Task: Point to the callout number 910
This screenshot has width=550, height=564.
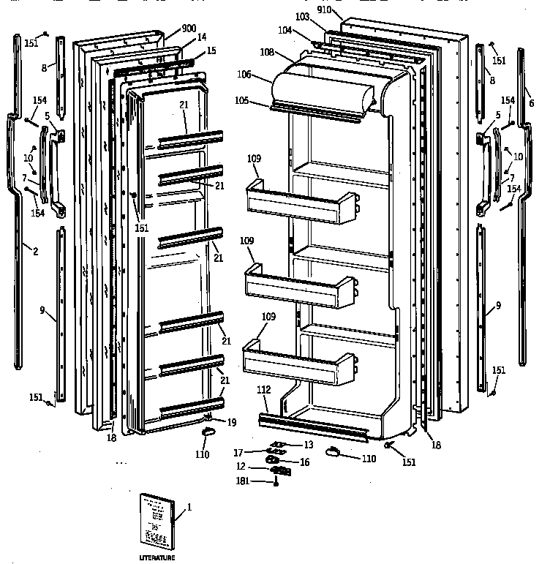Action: (325, 11)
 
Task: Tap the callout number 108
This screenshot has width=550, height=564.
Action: (267, 53)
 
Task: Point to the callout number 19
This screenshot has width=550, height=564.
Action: (231, 422)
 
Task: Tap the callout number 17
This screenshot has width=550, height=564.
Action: (238, 453)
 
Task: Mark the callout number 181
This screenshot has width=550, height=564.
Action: (241, 481)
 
